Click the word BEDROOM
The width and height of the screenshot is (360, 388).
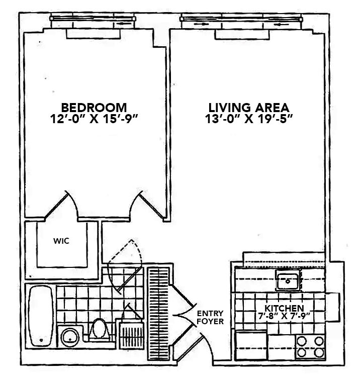[x=94, y=108]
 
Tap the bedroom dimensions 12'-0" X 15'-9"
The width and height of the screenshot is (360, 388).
[x=94, y=121]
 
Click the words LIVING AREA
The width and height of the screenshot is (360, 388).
[x=248, y=108]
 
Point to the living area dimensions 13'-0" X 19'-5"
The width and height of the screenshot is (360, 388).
[x=248, y=121]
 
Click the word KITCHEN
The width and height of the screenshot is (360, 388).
[x=285, y=308]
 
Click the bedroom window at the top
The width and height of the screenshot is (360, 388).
[x=93, y=23]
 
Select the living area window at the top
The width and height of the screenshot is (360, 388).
[x=242, y=23]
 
